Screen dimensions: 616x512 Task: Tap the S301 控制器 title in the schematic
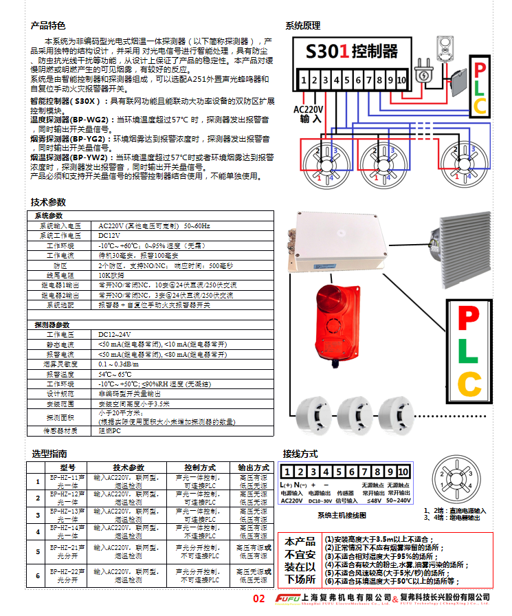pos(352,50)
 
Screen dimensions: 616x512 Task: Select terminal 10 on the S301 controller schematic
pos(401,81)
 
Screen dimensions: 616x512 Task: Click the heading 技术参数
pos(49,202)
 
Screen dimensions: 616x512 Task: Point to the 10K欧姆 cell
pos(113,274)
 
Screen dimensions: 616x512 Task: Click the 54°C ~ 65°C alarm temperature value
pos(118,374)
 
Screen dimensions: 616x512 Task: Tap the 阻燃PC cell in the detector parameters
pos(111,431)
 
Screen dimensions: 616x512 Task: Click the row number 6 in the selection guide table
pos(38,575)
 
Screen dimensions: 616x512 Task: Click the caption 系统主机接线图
pos(342,515)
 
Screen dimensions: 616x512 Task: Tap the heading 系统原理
pos(302,25)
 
